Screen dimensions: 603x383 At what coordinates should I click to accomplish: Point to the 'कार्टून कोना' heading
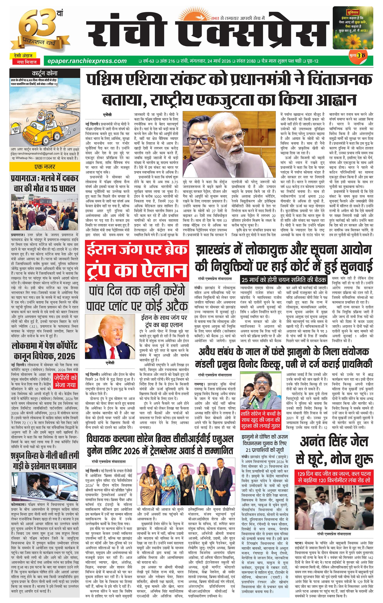45,73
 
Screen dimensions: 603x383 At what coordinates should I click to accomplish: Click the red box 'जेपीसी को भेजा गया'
65,381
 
